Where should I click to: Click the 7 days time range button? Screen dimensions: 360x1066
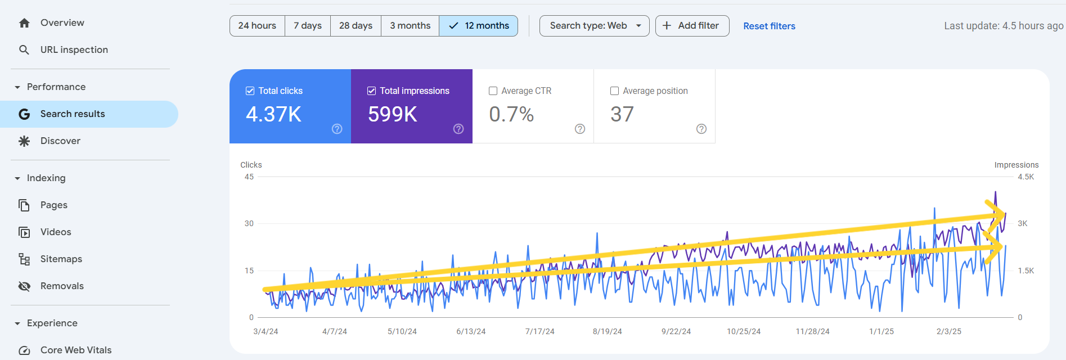pyautogui.click(x=307, y=26)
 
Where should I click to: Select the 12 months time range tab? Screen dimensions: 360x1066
pyautogui.click(x=478, y=26)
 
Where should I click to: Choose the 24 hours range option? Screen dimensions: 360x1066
pyautogui.click(x=257, y=26)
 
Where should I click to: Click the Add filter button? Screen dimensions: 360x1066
pyautogui.click(x=692, y=26)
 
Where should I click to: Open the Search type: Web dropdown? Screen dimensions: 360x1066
pyautogui.click(x=594, y=26)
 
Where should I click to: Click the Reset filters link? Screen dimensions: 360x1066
pyautogui.click(x=769, y=26)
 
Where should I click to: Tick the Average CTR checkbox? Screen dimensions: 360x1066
pyautogui.click(x=493, y=91)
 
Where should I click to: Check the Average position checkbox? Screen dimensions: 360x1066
pyautogui.click(x=615, y=91)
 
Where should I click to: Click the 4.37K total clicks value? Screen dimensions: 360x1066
pyautogui.click(x=274, y=114)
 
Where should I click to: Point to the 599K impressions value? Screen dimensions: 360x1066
pyautogui.click(x=393, y=114)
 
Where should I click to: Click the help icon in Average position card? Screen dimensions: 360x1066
pyautogui.click(x=701, y=129)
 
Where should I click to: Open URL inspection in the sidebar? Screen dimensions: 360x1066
pyautogui.click(x=74, y=50)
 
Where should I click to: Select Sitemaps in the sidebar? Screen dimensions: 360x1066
pyautogui.click(x=61, y=259)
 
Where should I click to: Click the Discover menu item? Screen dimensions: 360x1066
pyautogui.click(x=60, y=141)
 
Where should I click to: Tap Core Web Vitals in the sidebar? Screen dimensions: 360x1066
pyautogui.click(x=76, y=350)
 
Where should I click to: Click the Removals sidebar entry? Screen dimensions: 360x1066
pyautogui.click(x=62, y=286)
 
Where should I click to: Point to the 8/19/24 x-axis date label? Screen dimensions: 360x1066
pyautogui.click(x=607, y=332)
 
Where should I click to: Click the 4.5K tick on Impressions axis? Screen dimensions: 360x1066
pyautogui.click(x=1025, y=177)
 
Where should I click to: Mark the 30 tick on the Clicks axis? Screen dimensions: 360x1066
pyautogui.click(x=249, y=224)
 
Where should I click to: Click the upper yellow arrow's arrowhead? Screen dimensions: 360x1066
pyautogui.click(x=998, y=214)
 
